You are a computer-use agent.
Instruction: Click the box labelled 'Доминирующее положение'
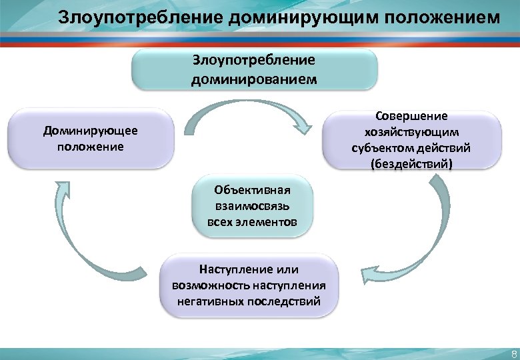click(91, 138)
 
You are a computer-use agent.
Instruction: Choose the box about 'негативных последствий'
click(249, 286)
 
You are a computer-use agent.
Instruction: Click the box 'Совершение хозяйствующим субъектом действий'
click(411, 139)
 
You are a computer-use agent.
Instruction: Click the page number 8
click(513, 353)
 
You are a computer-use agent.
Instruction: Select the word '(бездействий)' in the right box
click(411, 163)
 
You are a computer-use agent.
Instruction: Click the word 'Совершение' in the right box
click(411, 116)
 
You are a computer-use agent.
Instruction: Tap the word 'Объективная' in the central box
click(251, 191)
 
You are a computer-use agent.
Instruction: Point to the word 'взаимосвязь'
click(251, 206)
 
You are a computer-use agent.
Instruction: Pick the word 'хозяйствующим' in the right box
click(411, 131)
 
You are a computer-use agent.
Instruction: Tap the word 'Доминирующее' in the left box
click(91, 131)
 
